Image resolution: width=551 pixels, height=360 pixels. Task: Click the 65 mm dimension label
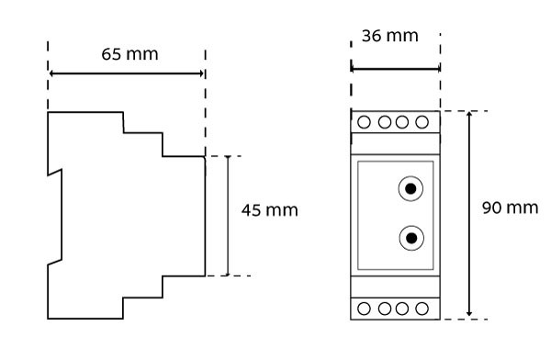point(129,54)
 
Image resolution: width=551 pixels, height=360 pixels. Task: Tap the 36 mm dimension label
point(390,36)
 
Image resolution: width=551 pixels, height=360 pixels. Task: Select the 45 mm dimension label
point(269,210)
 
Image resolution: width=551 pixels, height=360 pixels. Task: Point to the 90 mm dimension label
point(510,208)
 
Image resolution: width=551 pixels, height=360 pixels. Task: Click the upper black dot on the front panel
point(410,189)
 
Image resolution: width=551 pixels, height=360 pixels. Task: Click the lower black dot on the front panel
point(411,238)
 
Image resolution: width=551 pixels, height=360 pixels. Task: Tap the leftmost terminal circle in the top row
point(364,122)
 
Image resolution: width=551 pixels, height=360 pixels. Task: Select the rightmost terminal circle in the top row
point(422,122)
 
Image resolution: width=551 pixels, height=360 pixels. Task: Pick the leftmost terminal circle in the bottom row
point(364,309)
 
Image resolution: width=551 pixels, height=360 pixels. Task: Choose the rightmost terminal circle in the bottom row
point(422,309)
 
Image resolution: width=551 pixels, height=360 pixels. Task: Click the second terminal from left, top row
point(385,122)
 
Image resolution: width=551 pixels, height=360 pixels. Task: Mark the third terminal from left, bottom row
point(402,309)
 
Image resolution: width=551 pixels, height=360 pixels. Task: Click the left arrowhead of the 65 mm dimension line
point(51,73)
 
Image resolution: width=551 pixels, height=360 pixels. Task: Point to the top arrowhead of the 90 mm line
point(469,114)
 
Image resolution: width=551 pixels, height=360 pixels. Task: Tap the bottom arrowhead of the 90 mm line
point(469,313)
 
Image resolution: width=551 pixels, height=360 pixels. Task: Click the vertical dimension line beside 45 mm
point(228,216)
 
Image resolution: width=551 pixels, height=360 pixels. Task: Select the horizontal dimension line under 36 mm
point(395,69)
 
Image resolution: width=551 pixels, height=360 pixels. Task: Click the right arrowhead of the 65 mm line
point(201,73)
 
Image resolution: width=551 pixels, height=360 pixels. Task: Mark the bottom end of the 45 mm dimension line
point(228,276)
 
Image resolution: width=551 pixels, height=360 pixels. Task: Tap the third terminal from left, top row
point(402,122)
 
